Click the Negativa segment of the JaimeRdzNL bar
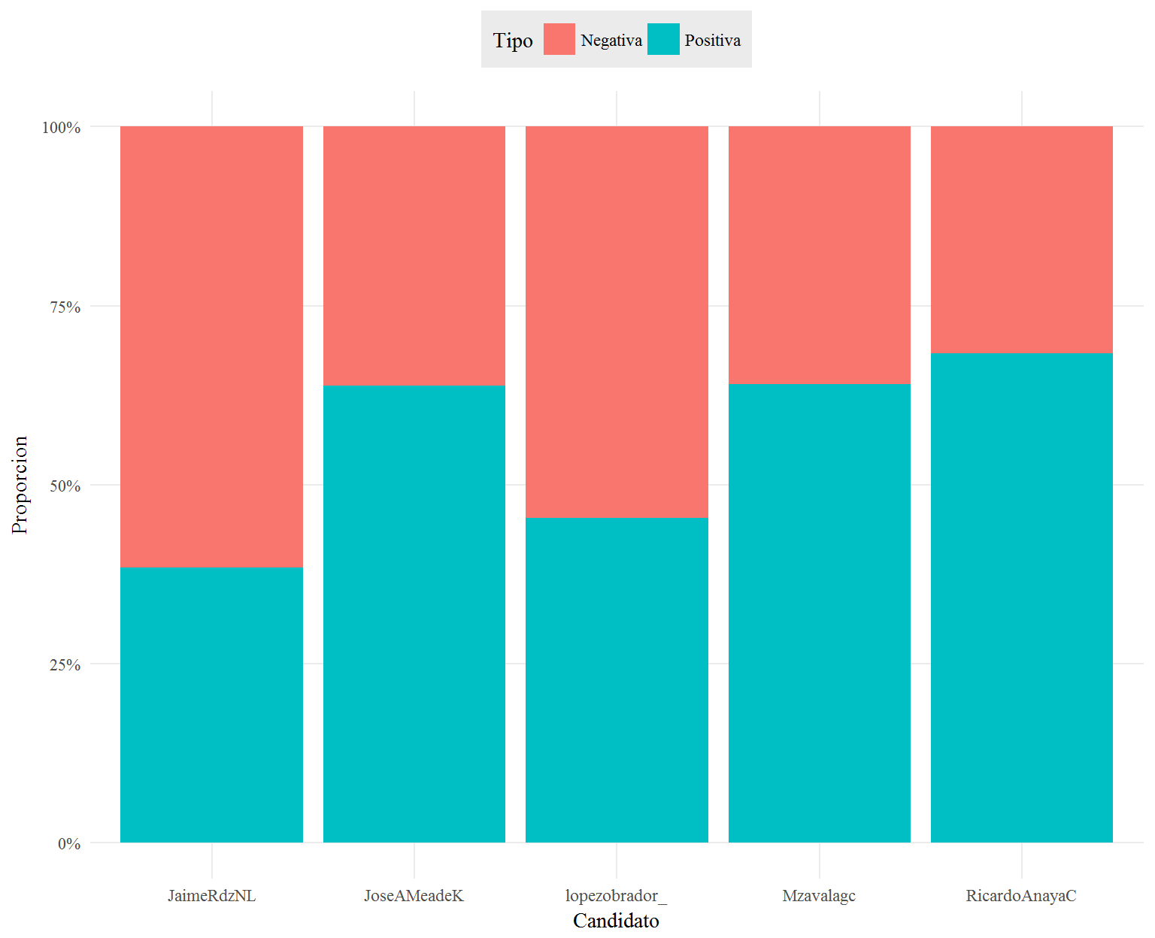[x=211, y=346]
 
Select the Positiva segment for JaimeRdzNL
[x=211, y=704]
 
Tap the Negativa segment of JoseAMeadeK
[x=414, y=256]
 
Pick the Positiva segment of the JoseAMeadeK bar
[x=414, y=613]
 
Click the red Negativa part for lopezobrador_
[x=617, y=322]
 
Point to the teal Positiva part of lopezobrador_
[x=617, y=679]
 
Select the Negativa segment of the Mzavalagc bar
[x=819, y=256]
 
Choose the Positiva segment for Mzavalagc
[x=819, y=613]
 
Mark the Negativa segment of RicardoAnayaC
[x=1022, y=240]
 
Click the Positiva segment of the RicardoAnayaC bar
[x=1022, y=598]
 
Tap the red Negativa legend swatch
[x=559, y=39]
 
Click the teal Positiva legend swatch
[x=663, y=39]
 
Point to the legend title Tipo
[x=512, y=41]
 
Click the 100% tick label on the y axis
[x=61, y=127]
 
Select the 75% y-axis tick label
[x=65, y=307]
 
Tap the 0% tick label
[x=69, y=843]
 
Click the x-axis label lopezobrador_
[x=616, y=896]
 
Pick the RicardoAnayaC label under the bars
[x=1021, y=896]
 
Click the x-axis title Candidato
[x=616, y=921]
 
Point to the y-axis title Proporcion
[x=20, y=485]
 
